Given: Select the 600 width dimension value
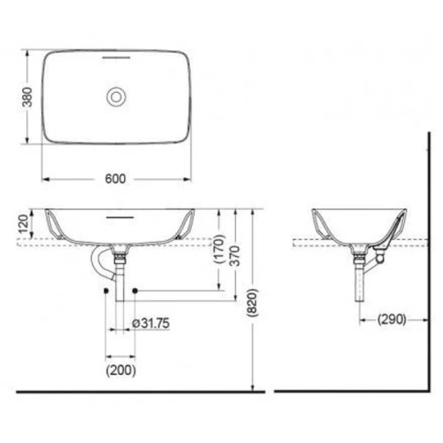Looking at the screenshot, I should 113,178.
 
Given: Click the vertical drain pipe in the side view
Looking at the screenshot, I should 360,284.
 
